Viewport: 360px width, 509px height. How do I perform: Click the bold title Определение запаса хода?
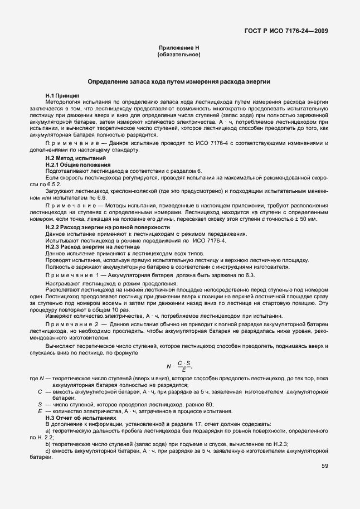179,81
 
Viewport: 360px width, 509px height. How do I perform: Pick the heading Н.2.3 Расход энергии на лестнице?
88,246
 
